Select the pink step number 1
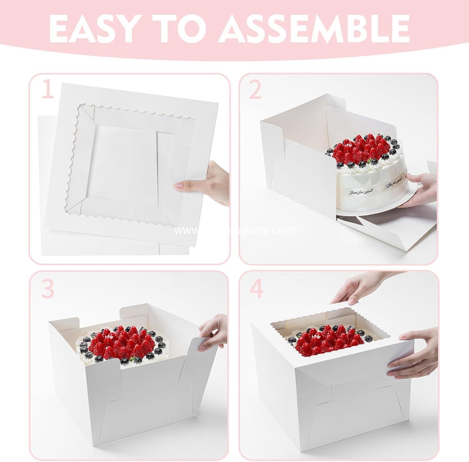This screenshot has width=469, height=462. coord(47,89)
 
